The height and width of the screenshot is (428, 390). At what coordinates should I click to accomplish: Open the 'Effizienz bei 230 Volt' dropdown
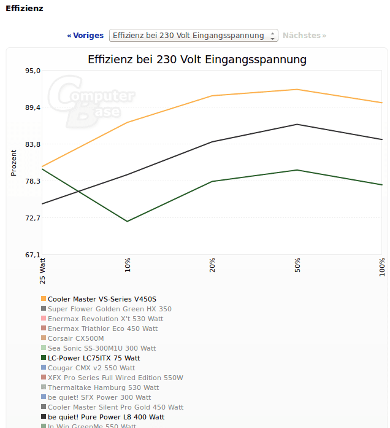(x=193, y=36)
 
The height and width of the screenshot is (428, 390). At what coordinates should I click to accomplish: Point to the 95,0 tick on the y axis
(x=32, y=71)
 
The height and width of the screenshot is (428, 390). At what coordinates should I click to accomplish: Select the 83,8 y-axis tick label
(x=32, y=144)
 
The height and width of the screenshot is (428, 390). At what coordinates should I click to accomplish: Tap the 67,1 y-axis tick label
(x=32, y=255)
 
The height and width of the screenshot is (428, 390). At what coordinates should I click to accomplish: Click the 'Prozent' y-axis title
(x=14, y=163)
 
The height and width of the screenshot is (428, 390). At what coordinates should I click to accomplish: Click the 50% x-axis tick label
(x=297, y=266)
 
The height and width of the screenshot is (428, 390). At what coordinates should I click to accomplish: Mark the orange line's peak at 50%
(x=297, y=90)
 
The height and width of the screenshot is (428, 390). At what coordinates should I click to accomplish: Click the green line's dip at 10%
(x=127, y=221)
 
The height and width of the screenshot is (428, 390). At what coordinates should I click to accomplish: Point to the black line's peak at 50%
(x=297, y=125)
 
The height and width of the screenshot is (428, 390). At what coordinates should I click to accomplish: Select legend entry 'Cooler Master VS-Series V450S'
(x=102, y=299)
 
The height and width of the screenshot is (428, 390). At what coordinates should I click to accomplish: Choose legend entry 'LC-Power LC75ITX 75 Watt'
(x=94, y=358)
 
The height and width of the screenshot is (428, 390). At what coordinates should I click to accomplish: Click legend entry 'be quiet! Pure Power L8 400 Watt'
(x=106, y=417)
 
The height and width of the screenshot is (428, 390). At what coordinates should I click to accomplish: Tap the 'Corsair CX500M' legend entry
(x=76, y=338)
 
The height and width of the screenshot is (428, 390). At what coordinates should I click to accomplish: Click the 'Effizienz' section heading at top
(x=25, y=9)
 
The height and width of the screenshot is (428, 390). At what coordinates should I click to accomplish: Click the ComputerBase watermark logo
(x=92, y=101)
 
